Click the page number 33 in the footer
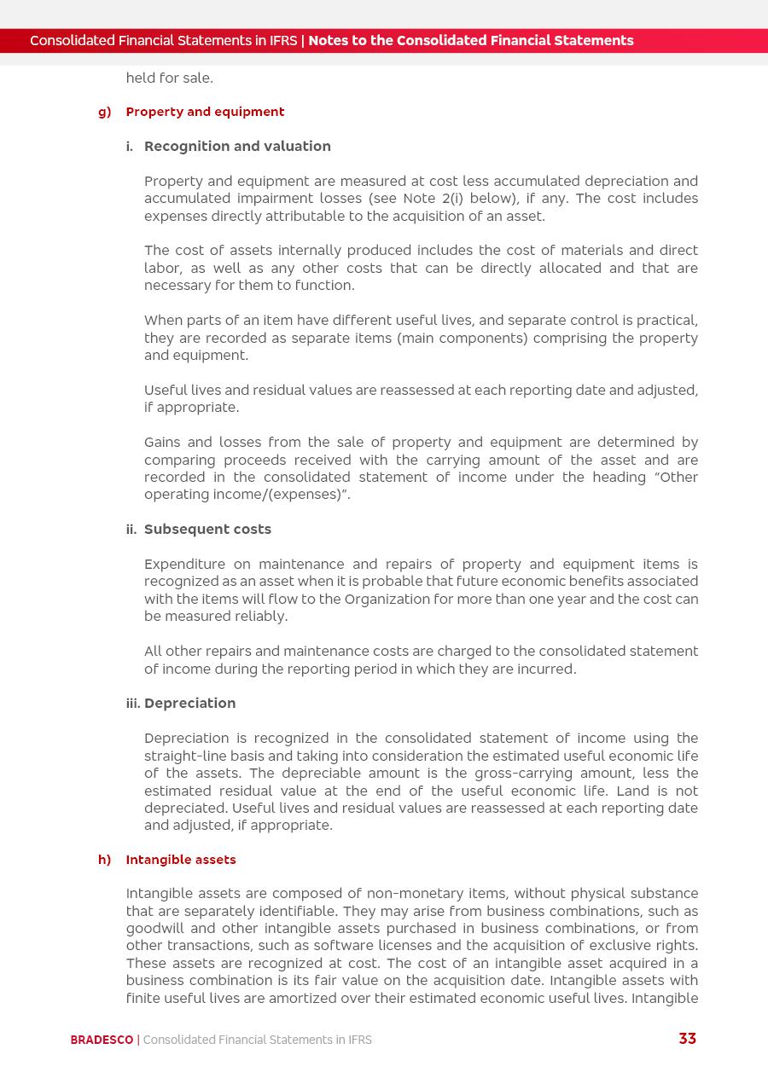pos(687,1039)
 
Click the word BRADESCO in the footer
pos(102,1040)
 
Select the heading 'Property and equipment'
pos(205,112)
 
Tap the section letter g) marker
pos(105,112)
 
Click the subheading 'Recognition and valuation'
pos(237,147)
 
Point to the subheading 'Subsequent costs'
pos(207,530)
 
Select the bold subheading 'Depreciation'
pos(189,704)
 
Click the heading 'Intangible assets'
pos(181,860)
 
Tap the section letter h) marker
pos(105,860)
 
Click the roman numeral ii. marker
pos(131,530)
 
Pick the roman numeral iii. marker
pos(133,704)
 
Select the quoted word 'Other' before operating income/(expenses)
pos(678,478)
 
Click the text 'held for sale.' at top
pos(169,78)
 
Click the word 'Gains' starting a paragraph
pos(162,443)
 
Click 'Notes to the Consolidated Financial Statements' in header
pos(471,41)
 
